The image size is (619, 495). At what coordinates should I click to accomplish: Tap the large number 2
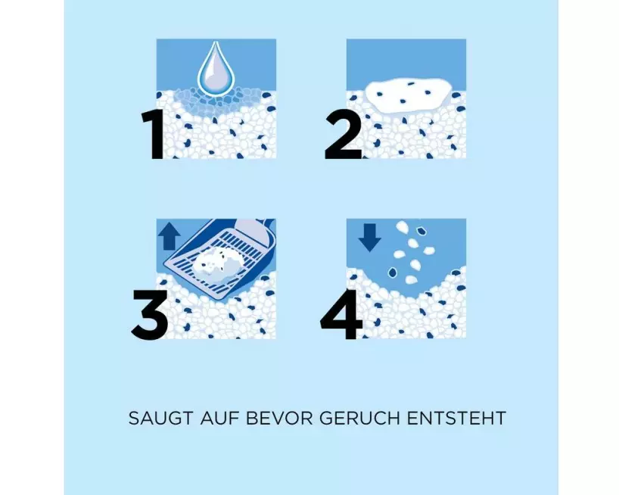pos(343,135)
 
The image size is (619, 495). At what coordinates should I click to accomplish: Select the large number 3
pos(150,315)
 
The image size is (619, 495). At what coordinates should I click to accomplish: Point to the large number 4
pos(342,315)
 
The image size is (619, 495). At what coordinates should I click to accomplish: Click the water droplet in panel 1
pos(213,68)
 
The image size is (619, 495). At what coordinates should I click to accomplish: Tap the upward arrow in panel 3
pos(169,235)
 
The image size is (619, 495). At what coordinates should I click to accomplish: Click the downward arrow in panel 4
pos(370,238)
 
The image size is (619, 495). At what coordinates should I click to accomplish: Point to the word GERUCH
pos(359,418)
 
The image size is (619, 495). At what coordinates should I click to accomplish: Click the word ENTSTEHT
pos(457,418)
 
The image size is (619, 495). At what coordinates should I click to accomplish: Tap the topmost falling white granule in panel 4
pos(403,226)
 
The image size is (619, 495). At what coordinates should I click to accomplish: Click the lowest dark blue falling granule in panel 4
pos(393,272)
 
